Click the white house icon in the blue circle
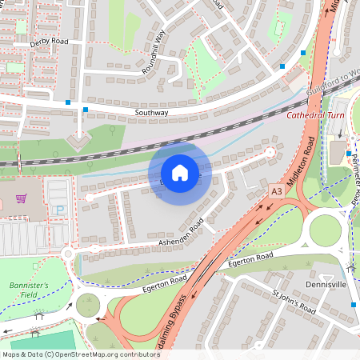point(179,172)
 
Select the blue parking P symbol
point(58,210)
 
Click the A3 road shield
point(276,192)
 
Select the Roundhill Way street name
point(154,53)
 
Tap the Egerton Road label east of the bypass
point(251,260)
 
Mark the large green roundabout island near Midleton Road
point(326,230)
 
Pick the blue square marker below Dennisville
point(353,304)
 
